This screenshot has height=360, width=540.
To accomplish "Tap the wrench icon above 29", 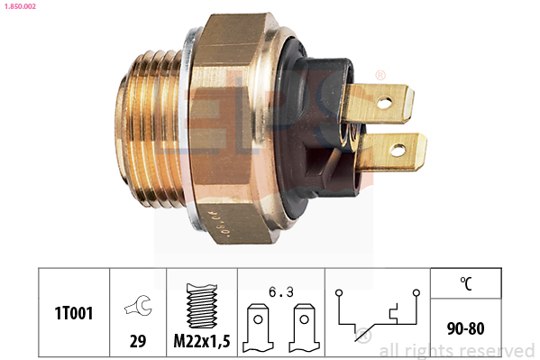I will coord(138,302).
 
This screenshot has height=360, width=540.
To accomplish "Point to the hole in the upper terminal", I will coord(384,103).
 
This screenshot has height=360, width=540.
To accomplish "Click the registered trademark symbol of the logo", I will coord(380,74).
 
